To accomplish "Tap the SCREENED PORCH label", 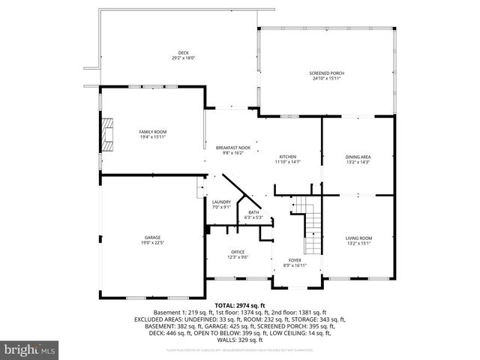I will click(x=326, y=73).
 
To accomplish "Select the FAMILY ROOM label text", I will click(x=152, y=131).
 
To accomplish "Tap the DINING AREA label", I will click(x=358, y=157).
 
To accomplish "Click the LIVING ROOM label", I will click(x=358, y=238).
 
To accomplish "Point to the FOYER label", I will click(x=295, y=260).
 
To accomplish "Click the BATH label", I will click(x=253, y=213).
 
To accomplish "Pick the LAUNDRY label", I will click(x=221, y=202).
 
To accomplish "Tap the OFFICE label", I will click(x=238, y=252).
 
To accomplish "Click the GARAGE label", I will click(x=152, y=238).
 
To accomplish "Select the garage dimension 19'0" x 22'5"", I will click(x=152, y=243).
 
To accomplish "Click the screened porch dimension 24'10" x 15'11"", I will click(x=326, y=79).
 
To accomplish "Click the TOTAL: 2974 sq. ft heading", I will click(x=240, y=305).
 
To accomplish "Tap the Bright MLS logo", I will click(x=30, y=349).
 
